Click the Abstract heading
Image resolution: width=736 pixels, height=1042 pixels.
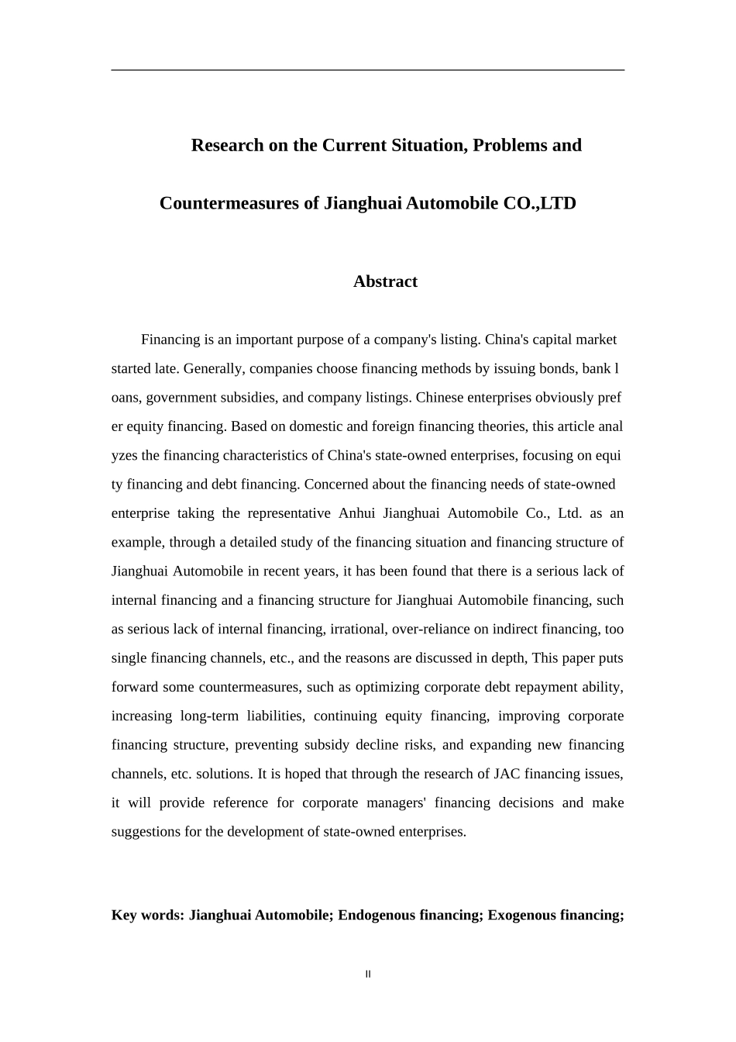pyautogui.click(x=385, y=281)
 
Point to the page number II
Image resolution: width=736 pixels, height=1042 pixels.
pyautogui.click(x=368, y=975)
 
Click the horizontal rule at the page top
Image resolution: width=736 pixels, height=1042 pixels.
pyautogui.click(x=368, y=71)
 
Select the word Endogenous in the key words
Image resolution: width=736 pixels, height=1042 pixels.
pyautogui.click(x=377, y=916)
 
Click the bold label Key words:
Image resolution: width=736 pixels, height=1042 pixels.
pyautogui.click(x=147, y=916)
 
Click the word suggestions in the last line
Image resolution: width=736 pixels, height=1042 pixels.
pyautogui.click(x=149, y=832)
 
